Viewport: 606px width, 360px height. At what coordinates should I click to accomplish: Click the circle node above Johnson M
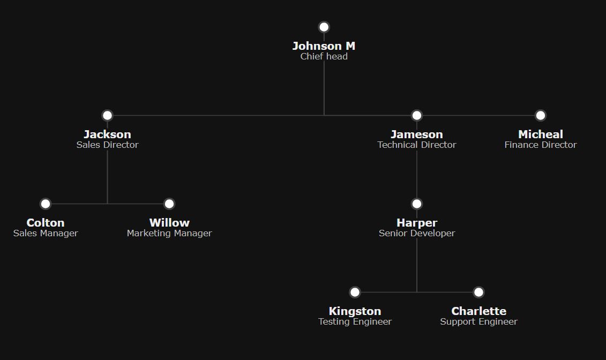(324, 27)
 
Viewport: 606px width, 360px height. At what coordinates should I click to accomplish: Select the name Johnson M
(324, 46)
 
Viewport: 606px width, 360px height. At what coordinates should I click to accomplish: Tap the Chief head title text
(324, 56)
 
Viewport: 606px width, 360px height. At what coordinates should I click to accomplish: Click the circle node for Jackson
(108, 116)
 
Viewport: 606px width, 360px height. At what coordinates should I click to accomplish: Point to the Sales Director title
(108, 145)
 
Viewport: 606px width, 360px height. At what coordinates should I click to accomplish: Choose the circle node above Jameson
(417, 116)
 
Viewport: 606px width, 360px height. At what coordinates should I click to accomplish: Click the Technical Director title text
(417, 145)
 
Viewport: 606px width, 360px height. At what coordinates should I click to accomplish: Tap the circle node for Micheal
(540, 116)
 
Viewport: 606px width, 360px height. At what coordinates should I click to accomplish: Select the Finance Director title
(540, 145)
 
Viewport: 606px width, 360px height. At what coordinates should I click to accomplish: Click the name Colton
(46, 223)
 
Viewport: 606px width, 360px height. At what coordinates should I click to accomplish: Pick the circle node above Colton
(46, 204)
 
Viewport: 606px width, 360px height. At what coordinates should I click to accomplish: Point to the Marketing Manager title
(169, 234)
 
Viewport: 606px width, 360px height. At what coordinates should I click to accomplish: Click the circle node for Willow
(169, 204)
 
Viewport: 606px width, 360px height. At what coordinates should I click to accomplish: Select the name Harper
(417, 223)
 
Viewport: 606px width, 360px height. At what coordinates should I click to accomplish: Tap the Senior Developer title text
(417, 234)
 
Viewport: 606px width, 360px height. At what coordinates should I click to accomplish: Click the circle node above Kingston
(355, 292)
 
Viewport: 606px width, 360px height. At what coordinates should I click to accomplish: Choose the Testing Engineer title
(355, 322)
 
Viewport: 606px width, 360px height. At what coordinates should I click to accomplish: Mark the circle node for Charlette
(478, 292)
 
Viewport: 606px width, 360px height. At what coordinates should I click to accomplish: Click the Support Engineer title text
(478, 322)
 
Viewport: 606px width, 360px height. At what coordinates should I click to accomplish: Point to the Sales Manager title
(46, 234)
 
